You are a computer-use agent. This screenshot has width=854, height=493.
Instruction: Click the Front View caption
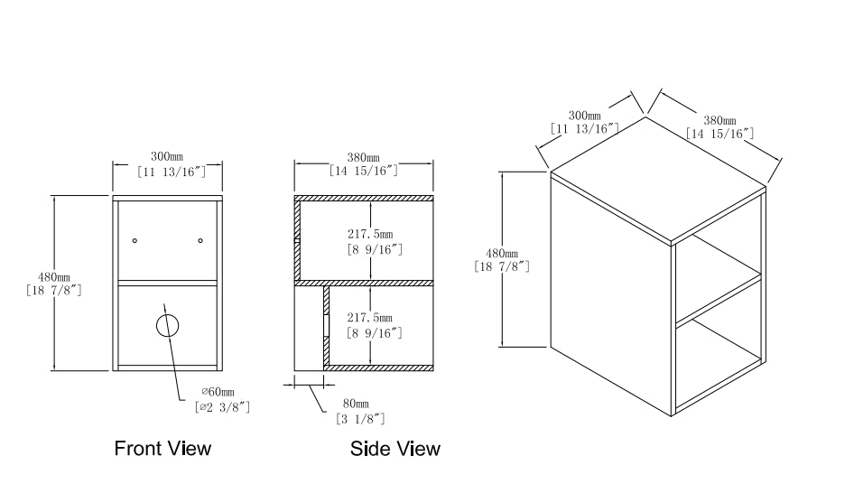[x=162, y=448]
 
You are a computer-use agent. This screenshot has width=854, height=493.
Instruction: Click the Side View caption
[x=395, y=448]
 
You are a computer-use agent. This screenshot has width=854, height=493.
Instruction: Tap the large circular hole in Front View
[x=167, y=325]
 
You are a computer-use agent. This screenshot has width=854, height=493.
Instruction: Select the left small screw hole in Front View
[x=135, y=240]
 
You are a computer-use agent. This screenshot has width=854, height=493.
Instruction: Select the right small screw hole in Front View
[x=200, y=240]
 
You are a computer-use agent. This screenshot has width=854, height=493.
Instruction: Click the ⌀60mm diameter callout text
[x=217, y=391]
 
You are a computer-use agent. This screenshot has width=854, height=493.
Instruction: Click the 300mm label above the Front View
[x=167, y=156]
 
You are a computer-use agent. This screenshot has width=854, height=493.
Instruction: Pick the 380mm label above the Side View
[x=363, y=156]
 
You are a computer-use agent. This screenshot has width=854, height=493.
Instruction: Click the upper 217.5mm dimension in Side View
[x=369, y=231]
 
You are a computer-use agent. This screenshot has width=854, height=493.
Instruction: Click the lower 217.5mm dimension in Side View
[x=369, y=318]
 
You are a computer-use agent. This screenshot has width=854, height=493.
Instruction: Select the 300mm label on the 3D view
[x=585, y=116]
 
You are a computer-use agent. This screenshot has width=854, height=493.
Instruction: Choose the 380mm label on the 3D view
[x=719, y=120]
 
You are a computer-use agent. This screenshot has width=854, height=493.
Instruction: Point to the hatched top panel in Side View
[x=365, y=198]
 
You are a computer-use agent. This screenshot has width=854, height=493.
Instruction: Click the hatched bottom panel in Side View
[x=379, y=367]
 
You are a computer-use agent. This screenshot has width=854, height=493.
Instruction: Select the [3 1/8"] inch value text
[x=361, y=418]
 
